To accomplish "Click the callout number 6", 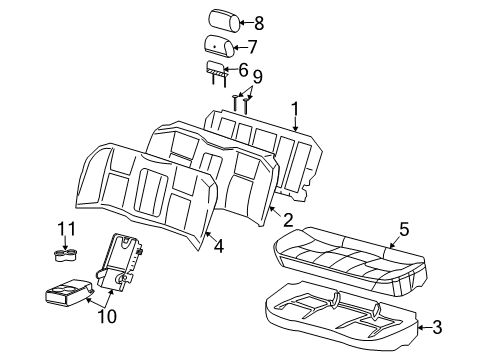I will tap(244, 68).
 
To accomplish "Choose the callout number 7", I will tap(253, 46).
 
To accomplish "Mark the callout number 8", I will tap(258, 21).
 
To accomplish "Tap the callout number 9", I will tap(257, 76).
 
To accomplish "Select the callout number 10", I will tap(105, 318).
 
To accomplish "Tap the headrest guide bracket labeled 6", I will tap(215, 67).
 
